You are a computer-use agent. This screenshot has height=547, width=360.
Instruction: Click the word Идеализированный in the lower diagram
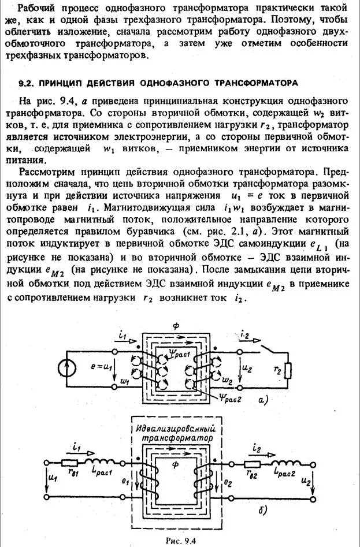(x=174, y=430)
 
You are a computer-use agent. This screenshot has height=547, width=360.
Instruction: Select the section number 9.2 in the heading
(x=25, y=83)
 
